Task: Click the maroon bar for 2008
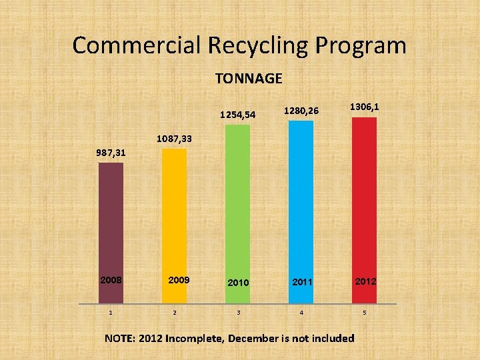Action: click(x=111, y=220)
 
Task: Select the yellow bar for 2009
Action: click(x=175, y=213)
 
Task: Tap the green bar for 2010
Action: click(x=237, y=200)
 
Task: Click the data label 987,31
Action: click(x=111, y=153)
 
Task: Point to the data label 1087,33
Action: click(x=174, y=139)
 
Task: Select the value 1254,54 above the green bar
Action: click(x=237, y=115)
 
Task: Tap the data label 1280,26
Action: click(x=301, y=110)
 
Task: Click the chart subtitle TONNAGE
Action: click(x=249, y=79)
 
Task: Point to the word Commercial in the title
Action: click(x=136, y=45)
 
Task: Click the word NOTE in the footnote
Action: click(x=120, y=338)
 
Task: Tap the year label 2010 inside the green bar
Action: click(x=237, y=283)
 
